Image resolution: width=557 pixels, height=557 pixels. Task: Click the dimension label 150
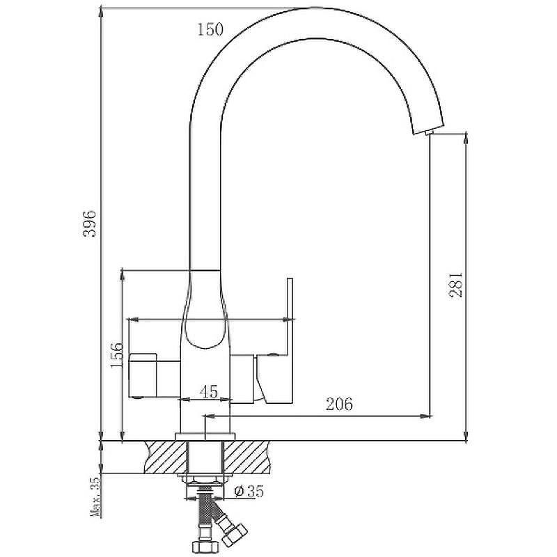(x=210, y=29)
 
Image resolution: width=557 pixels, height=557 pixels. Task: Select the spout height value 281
(x=456, y=285)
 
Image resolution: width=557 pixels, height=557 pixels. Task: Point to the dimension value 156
(x=116, y=355)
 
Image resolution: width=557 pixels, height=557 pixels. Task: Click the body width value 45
(x=209, y=392)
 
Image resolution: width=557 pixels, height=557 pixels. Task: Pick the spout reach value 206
(x=339, y=404)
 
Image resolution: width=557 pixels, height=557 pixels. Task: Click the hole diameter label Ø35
(x=249, y=492)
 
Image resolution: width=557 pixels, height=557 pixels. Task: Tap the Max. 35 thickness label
(x=95, y=496)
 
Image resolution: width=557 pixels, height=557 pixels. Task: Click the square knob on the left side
(x=142, y=375)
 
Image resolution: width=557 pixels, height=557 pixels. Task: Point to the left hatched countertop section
(x=165, y=457)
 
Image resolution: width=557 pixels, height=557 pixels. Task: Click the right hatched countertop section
(x=246, y=457)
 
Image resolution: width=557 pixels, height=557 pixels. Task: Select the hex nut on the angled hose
(x=235, y=534)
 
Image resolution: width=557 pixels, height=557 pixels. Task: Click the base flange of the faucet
(x=205, y=437)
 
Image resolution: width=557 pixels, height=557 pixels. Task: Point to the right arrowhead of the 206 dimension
(x=426, y=415)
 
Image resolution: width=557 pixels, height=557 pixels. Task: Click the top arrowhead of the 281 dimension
(x=466, y=138)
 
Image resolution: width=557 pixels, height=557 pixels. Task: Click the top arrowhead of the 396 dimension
(x=102, y=13)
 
